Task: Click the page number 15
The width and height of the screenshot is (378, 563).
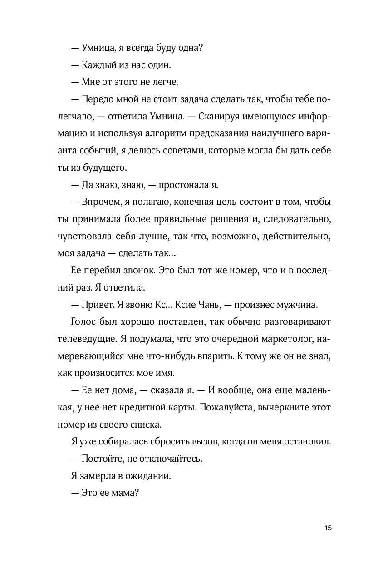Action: pyautogui.click(x=329, y=528)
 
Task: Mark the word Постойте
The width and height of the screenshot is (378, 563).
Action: pyautogui.click(x=101, y=459)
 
